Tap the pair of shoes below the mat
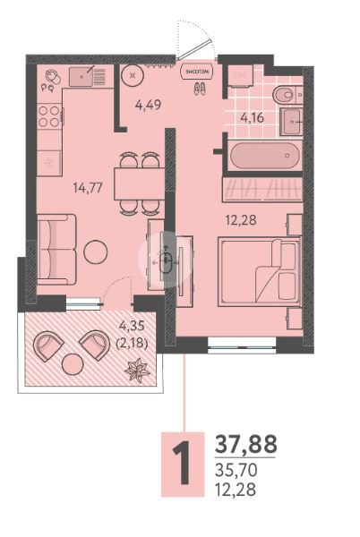coord(198,88)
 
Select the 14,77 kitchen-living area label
coord(87,188)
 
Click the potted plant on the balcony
coord(139,369)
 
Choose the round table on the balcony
coord(72,364)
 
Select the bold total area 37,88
coord(246,443)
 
